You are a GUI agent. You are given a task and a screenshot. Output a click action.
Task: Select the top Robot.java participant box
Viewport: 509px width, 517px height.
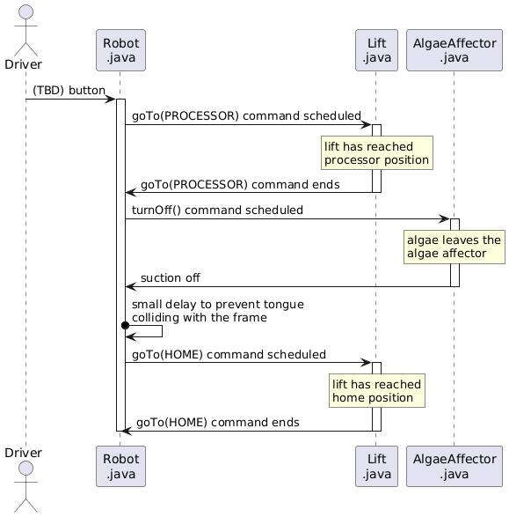click(x=120, y=50)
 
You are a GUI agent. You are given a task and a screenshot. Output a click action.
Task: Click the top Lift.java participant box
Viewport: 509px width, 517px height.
click(x=376, y=50)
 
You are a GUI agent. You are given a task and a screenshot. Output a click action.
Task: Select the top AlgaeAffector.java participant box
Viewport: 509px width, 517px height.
click(x=454, y=50)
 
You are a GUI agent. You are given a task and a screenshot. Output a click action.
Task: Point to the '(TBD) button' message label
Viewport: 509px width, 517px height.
click(x=69, y=91)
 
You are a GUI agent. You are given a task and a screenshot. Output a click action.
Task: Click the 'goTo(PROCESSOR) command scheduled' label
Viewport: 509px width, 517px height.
click(x=246, y=116)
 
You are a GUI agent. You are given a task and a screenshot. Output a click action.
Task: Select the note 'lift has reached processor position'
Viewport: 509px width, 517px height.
click(x=376, y=153)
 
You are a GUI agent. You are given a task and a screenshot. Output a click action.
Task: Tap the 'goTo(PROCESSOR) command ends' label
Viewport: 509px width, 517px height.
click(x=240, y=184)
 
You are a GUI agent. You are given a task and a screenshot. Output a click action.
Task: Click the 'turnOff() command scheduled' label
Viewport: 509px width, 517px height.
click(x=217, y=210)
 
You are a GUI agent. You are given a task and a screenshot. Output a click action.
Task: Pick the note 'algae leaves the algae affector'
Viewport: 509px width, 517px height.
click(x=454, y=247)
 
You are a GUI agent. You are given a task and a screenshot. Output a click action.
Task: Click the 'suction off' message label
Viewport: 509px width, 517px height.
click(x=170, y=278)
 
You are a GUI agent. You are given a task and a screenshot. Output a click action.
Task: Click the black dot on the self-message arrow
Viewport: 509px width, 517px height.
click(x=127, y=326)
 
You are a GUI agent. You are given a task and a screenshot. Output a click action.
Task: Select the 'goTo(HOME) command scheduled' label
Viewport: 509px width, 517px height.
click(x=229, y=354)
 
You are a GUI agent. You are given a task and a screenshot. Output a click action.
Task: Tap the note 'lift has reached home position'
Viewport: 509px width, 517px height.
click(x=376, y=391)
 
